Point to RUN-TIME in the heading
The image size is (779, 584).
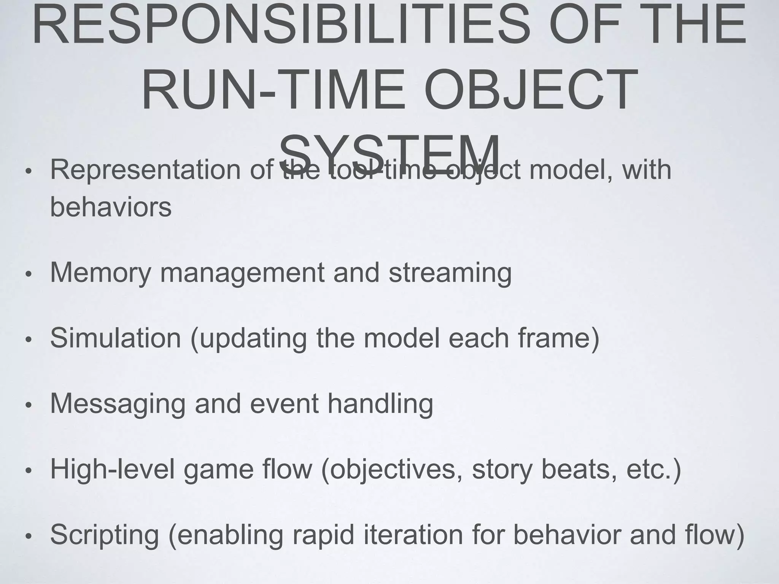(x=272, y=90)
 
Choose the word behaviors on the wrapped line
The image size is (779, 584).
(x=111, y=207)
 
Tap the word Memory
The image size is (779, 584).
(x=100, y=273)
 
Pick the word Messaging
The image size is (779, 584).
(x=118, y=404)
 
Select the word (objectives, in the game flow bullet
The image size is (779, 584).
(x=392, y=470)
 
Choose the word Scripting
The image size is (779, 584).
(x=104, y=535)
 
